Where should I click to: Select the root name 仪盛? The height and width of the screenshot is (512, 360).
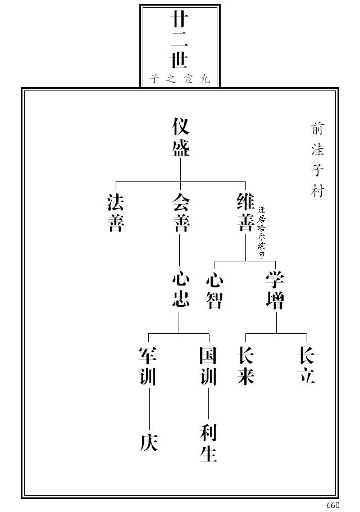[180, 137]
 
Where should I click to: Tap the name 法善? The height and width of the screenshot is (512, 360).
[116, 213]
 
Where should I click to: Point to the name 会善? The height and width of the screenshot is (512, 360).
[180, 213]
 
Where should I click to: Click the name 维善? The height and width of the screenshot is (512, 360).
[245, 213]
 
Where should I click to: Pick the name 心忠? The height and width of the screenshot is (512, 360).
[180, 289]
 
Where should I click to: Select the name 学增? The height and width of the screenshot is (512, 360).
[275, 291]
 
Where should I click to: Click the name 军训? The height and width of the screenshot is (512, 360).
[148, 366]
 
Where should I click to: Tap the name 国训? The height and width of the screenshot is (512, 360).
[208, 366]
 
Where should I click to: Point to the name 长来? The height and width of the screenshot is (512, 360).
[246, 366]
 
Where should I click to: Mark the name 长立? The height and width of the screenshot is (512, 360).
[306, 366]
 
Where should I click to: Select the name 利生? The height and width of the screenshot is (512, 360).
[208, 443]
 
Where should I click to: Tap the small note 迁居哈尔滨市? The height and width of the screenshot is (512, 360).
[261, 232]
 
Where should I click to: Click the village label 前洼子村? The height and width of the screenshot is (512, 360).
[317, 160]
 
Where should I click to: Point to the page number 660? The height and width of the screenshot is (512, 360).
[332, 505]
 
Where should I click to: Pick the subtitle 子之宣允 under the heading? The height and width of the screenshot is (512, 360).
[180, 79]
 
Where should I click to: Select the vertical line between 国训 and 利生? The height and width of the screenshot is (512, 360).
[208, 405]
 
